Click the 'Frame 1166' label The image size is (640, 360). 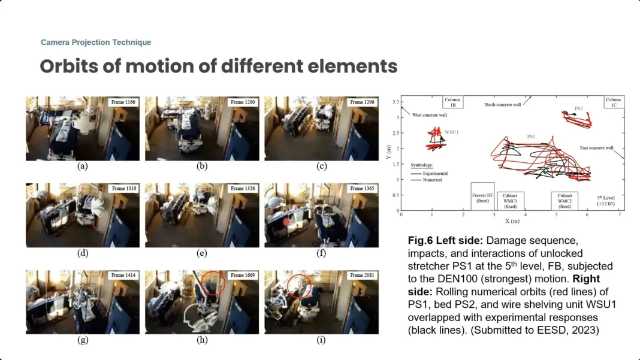(x=123, y=102)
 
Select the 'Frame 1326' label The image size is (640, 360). (x=243, y=189)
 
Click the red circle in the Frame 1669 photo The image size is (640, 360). (x=212, y=283)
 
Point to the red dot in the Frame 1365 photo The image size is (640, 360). (x=287, y=222)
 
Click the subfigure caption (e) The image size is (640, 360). (x=201, y=253)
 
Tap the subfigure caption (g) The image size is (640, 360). (x=83, y=340)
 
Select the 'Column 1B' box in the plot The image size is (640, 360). (x=452, y=102)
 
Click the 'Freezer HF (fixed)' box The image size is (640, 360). (x=482, y=196)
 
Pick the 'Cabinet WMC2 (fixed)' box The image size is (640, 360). (x=564, y=201)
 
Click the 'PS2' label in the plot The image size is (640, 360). (x=579, y=108)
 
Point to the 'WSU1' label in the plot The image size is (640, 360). (x=451, y=132)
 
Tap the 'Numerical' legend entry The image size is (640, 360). (x=432, y=180)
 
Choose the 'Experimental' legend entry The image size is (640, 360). (x=435, y=174)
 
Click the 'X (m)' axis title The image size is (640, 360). (x=512, y=221)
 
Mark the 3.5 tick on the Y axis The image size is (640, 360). (x=396, y=102)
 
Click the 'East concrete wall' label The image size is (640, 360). (x=596, y=148)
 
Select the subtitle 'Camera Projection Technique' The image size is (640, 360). (x=96, y=43)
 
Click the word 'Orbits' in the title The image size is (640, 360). (x=69, y=66)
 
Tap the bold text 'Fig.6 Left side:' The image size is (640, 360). (x=445, y=240)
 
